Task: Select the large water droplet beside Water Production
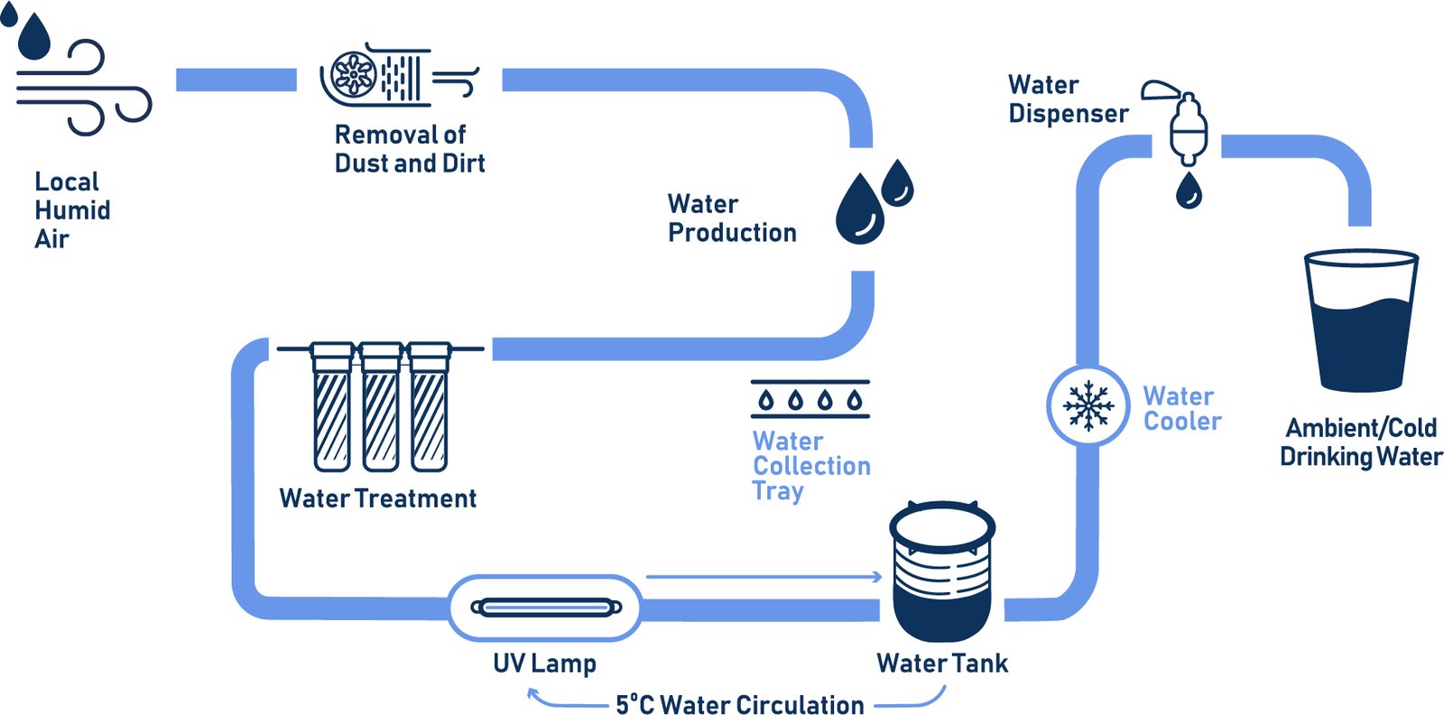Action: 859,209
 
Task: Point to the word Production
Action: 732,233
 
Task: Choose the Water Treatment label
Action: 378,498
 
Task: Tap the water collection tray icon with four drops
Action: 810,399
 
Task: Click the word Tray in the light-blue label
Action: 777,491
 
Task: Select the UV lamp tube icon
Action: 546,608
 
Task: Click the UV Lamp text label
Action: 544,664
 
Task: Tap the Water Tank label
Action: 941,664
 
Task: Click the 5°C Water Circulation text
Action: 739,704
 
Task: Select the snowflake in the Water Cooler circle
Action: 1088,405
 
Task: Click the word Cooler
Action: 1182,422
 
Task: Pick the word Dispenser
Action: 1069,114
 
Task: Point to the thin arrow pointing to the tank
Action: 764,576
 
